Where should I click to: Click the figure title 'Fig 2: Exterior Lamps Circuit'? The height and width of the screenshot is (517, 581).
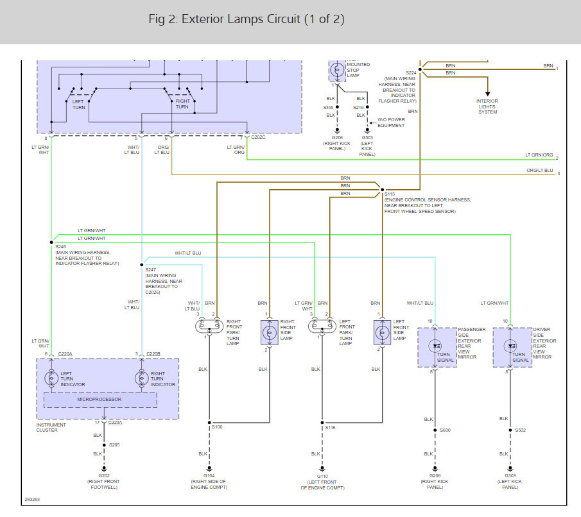coord(225,19)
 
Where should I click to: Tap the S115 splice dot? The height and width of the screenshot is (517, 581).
coord(383,190)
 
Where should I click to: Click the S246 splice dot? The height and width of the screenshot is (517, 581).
coord(51,242)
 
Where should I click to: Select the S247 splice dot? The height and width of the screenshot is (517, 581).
coord(141,265)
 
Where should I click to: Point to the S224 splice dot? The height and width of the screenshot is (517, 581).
coord(420,69)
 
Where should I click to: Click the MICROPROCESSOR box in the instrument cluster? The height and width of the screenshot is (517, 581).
coord(100,400)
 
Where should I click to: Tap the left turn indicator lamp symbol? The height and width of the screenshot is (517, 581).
coord(51,378)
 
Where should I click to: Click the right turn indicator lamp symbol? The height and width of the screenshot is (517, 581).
coord(141,378)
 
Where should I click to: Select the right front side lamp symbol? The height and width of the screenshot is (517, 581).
coord(270,332)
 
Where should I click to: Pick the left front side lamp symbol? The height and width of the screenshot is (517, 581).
coord(383,332)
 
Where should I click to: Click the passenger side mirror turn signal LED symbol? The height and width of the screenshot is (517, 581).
coord(435,346)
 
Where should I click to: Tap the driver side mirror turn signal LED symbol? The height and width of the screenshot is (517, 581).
coord(510,346)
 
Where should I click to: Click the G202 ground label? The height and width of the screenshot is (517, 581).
coord(104,475)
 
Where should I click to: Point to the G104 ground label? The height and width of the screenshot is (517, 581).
coord(209,475)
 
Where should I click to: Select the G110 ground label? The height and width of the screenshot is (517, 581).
coord(322,476)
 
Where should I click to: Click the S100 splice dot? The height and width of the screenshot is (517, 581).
coord(209,423)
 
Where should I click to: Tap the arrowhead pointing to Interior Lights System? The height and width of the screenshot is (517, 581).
coord(488,94)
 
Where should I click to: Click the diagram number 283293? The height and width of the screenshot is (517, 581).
coord(32,499)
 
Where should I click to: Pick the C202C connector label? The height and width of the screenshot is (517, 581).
coord(258,137)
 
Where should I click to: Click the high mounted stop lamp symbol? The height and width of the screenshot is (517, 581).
coord(337,70)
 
